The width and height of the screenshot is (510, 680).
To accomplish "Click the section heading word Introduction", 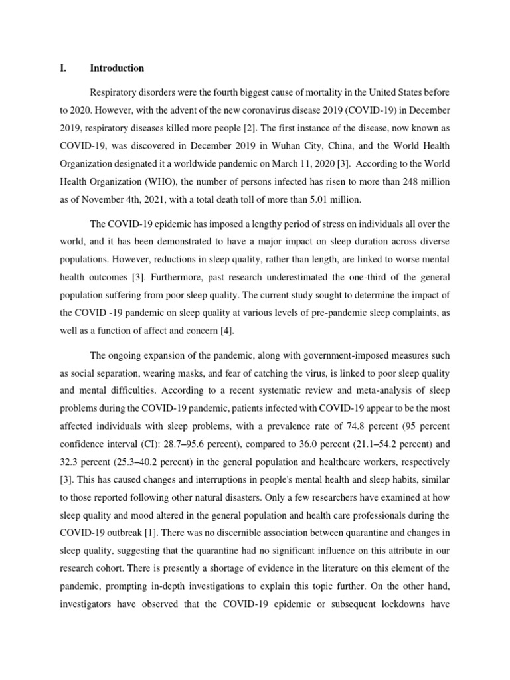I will point(117,68).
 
